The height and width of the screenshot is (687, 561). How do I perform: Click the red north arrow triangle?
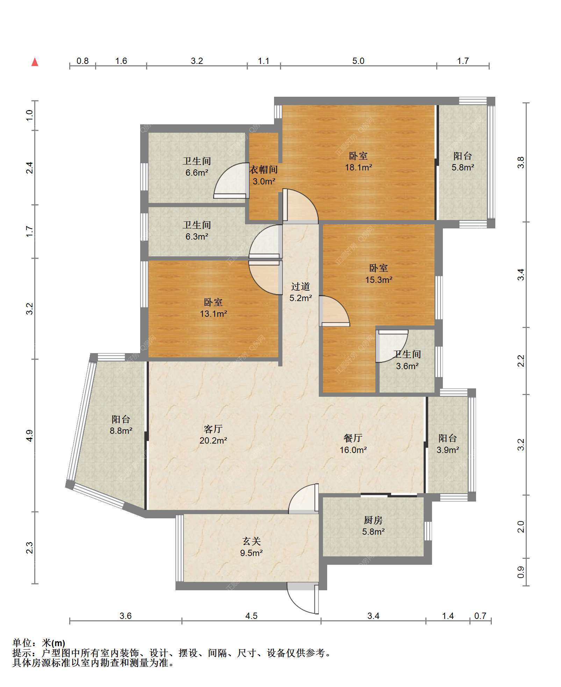(x=35, y=62)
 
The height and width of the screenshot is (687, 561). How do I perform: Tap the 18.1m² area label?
(x=358, y=167)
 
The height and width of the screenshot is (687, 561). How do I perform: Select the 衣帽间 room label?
(x=264, y=170)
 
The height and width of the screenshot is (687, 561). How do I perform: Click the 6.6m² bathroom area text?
(x=197, y=173)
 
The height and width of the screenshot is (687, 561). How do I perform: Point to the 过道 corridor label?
(x=301, y=286)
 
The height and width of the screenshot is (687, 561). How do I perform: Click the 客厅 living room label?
(x=213, y=429)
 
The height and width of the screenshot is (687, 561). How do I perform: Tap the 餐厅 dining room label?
(x=353, y=438)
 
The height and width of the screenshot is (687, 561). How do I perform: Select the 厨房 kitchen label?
(x=373, y=520)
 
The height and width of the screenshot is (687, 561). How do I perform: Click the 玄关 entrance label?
(x=252, y=541)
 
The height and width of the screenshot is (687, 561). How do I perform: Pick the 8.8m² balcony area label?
(x=121, y=431)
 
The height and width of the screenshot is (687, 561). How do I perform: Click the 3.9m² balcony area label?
(x=448, y=450)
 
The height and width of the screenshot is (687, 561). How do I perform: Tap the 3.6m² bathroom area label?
(x=407, y=366)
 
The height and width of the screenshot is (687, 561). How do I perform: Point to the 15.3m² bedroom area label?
(x=379, y=280)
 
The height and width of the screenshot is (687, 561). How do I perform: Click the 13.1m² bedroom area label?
(x=213, y=314)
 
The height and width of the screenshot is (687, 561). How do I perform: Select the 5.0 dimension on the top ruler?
(x=358, y=61)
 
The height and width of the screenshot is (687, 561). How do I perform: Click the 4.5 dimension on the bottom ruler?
(x=251, y=616)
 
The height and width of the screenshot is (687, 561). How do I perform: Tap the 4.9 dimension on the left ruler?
(x=30, y=436)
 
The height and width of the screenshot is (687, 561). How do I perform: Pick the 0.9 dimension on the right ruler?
(x=521, y=572)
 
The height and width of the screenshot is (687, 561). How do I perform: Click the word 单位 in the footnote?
(x=22, y=643)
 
